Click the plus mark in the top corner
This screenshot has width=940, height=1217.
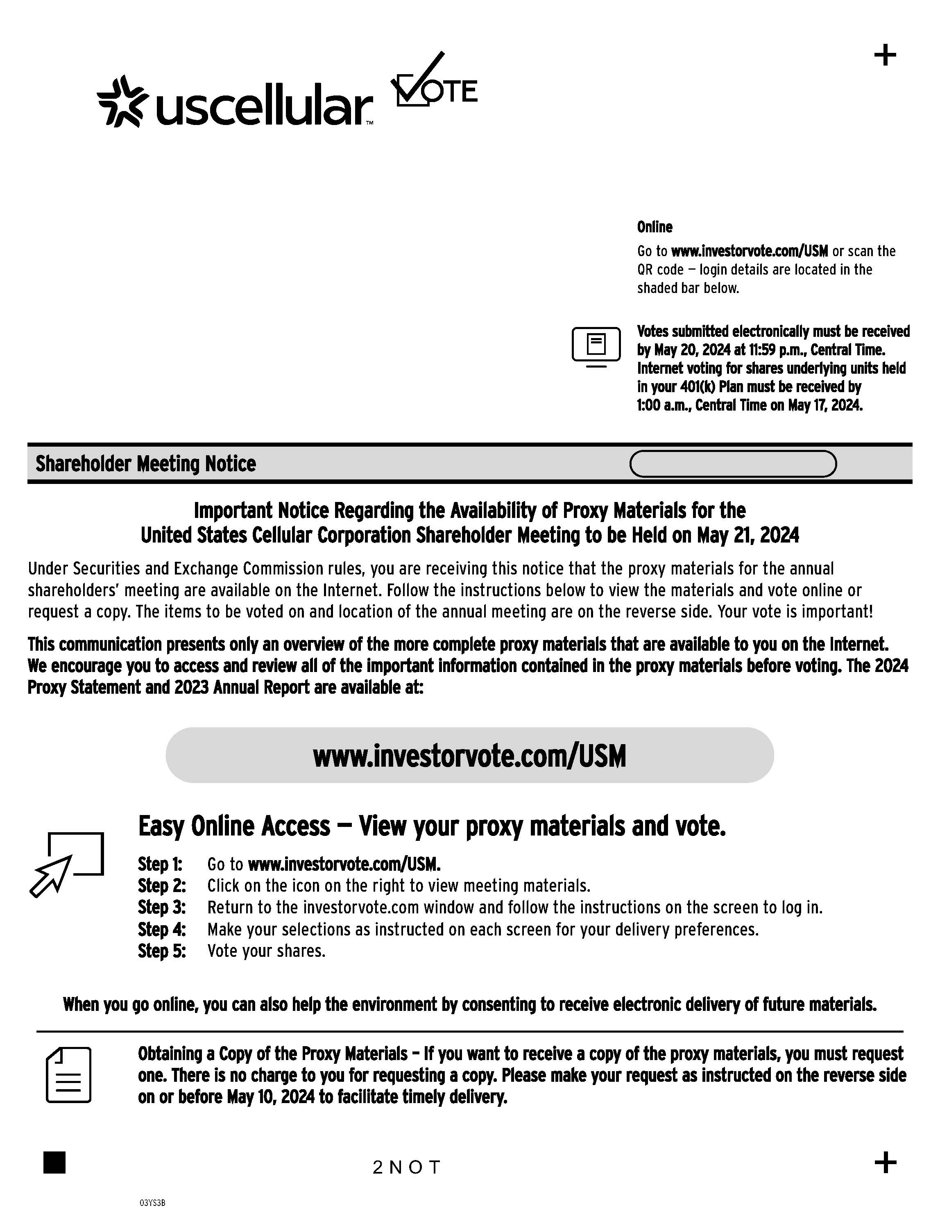click(885, 56)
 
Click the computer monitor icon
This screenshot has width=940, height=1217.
click(596, 347)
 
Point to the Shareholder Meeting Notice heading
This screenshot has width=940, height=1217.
click(146, 463)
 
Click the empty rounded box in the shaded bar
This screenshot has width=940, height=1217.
click(732, 463)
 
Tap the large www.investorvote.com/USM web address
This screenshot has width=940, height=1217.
click(469, 756)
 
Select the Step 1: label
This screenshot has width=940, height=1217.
click(161, 864)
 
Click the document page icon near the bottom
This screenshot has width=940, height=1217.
click(68, 1075)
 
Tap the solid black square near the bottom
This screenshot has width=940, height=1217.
click(54, 1163)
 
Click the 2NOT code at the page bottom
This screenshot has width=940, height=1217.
click(407, 1167)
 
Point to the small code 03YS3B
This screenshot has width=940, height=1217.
click(153, 1203)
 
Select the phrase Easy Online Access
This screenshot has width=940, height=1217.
click(234, 826)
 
